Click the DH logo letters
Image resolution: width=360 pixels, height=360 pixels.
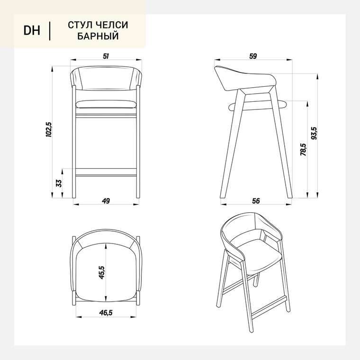(x=32, y=30)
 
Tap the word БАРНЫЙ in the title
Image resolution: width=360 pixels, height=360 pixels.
(x=98, y=36)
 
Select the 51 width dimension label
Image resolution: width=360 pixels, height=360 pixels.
(x=106, y=56)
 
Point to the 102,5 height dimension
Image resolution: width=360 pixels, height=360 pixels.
(x=49, y=129)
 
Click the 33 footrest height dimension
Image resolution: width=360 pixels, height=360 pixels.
(x=59, y=183)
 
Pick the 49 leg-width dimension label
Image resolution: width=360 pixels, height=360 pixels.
(x=106, y=201)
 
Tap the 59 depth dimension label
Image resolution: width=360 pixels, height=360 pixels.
(x=253, y=56)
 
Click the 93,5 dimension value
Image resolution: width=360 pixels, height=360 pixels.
(x=314, y=134)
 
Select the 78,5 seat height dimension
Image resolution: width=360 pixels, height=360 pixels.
(x=303, y=150)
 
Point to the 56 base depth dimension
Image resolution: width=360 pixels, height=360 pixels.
(x=256, y=201)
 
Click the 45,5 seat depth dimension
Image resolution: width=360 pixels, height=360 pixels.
(x=101, y=272)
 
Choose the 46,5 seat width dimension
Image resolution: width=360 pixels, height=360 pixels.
(x=106, y=313)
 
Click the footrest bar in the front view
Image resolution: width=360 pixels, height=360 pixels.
(x=106, y=172)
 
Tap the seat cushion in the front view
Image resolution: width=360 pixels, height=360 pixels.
(x=106, y=105)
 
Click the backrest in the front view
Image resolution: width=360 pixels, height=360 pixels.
(x=106, y=78)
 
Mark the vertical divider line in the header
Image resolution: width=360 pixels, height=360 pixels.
(x=50, y=31)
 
